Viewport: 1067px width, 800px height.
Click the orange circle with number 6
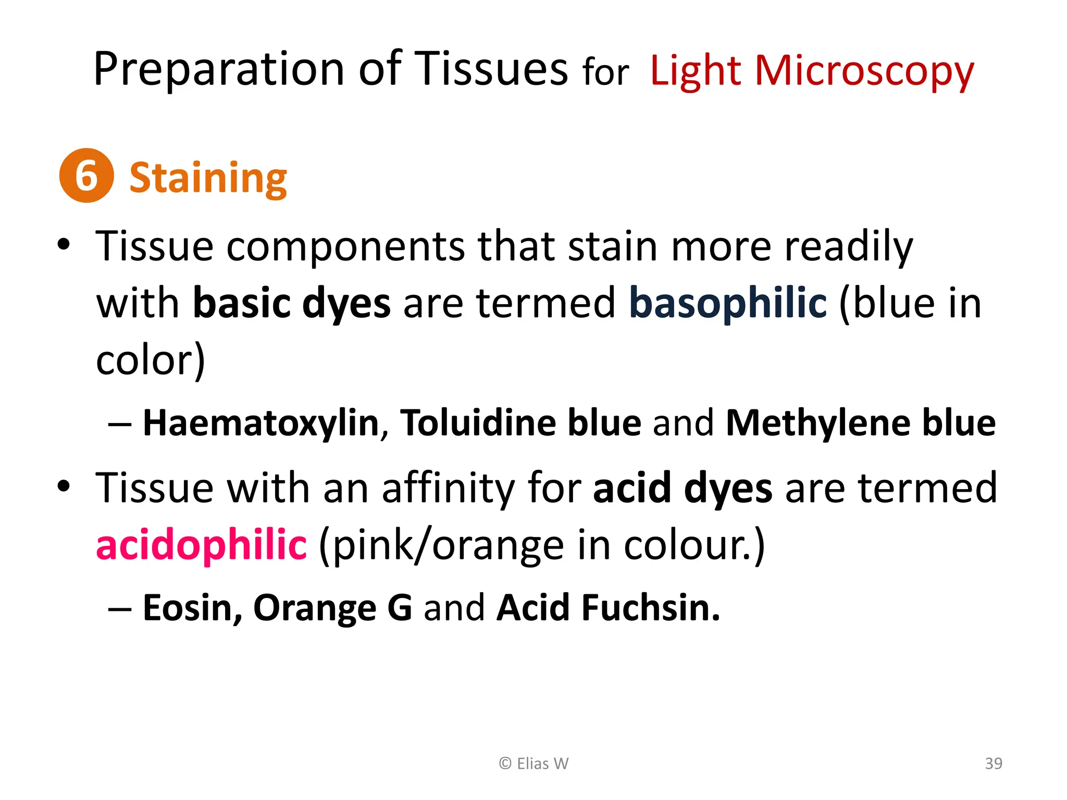[86, 176]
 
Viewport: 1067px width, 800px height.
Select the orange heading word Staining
[208, 178]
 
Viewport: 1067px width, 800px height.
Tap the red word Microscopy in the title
[864, 71]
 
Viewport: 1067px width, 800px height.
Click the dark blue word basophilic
[728, 303]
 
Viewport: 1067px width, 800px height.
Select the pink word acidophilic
[201, 545]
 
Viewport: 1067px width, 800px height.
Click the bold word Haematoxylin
[261, 422]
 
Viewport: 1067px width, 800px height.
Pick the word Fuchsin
[651, 608]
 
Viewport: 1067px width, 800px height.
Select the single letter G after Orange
[400, 608]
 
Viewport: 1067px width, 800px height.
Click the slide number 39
[994, 764]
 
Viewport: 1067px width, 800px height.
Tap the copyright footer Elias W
[533, 764]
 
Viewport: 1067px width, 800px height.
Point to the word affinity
[448, 489]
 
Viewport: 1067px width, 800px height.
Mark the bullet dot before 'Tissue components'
[64, 244]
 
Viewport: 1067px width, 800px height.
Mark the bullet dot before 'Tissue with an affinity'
[64, 486]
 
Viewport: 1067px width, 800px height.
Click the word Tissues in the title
[492, 70]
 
